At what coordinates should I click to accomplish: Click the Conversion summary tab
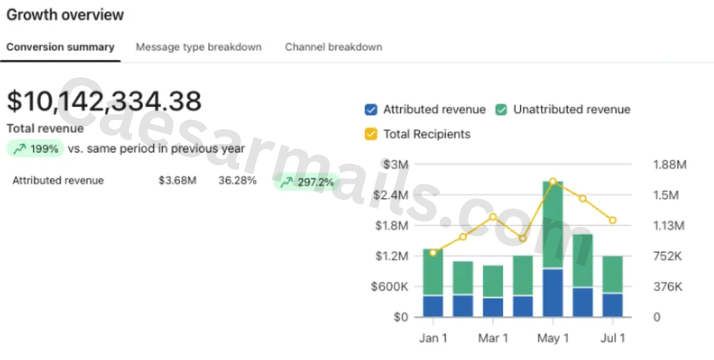tap(60, 47)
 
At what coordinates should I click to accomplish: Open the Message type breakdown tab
tap(199, 47)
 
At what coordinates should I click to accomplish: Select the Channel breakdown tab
tap(333, 47)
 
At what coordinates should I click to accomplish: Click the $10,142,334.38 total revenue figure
tap(104, 101)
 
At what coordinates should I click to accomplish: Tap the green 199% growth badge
tap(36, 149)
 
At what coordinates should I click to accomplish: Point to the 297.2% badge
tap(306, 183)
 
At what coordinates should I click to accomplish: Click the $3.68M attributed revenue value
tap(178, 181)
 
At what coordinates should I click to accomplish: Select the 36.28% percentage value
tap(237, 181)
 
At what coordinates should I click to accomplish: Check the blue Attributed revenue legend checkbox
tap(371, 110)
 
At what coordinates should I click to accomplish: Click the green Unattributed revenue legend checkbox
tap(501, 110)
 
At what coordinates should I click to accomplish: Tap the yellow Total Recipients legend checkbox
tap(371, 134)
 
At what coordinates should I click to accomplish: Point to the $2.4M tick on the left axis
tap(392, 195)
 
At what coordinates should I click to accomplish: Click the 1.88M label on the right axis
tap(669, 165)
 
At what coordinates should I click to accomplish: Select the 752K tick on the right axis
tap(668, 257)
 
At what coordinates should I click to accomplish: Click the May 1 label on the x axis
tap(553, 338)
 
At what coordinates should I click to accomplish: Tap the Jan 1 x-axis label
tap(433, 338)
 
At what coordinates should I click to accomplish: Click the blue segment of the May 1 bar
tap(553, 293)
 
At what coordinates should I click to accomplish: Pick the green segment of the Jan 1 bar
tap(433, 272)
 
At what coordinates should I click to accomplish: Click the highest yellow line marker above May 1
tap(553, 182)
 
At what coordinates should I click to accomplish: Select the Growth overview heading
tap(65, 15)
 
